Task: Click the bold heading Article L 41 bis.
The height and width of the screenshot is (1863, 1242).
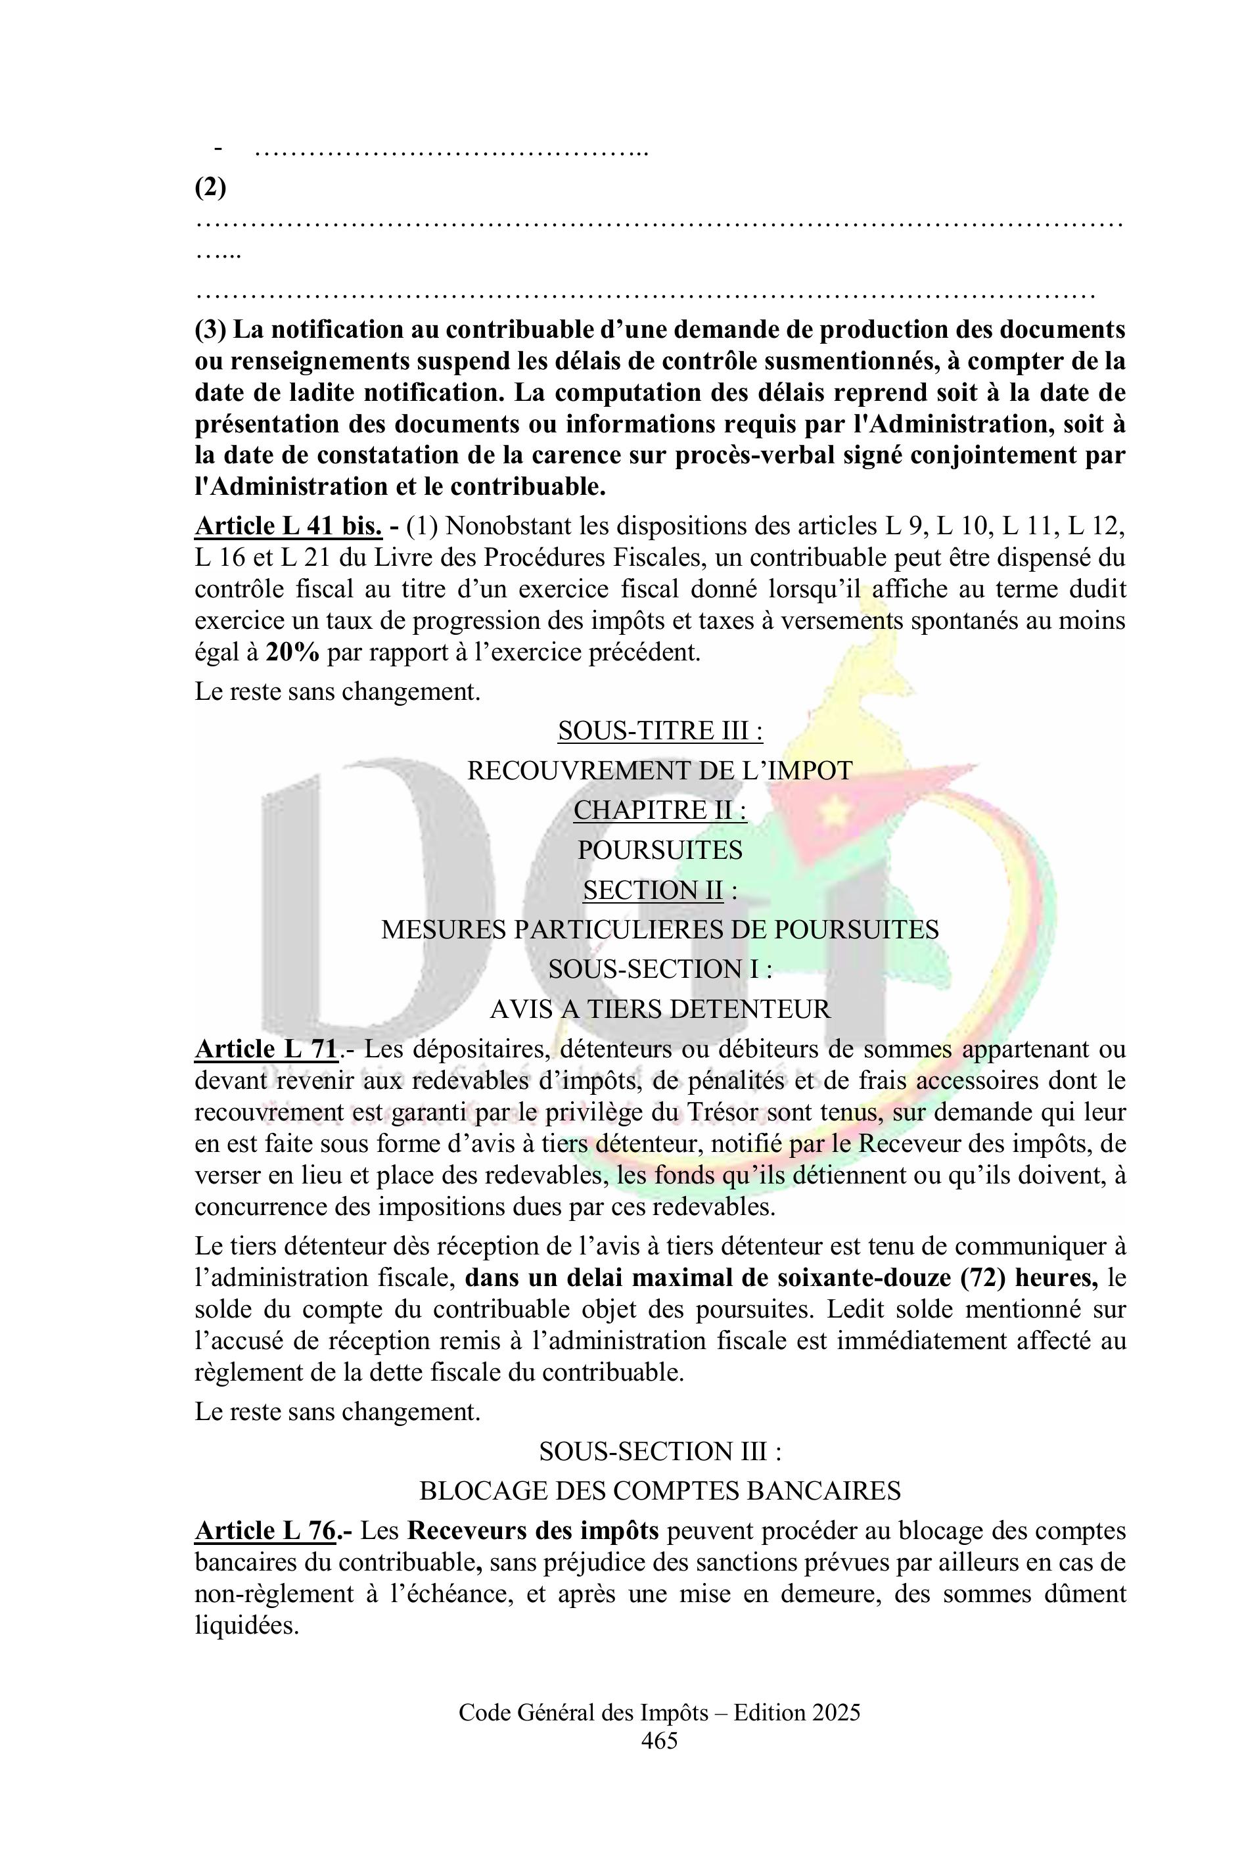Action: (x=288, y=526)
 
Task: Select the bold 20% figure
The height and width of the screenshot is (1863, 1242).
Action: (x=292, y=653)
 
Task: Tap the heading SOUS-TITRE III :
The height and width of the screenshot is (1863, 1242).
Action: (x=660, y=730)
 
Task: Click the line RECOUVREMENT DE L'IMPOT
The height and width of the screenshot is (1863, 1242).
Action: (x=660, y=770)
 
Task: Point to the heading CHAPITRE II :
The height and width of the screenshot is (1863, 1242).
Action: (x=660, y=810)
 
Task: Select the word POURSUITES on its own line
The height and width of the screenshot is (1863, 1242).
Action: (x=660, y=850)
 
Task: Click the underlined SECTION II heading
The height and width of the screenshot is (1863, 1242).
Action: (x=653, y=890)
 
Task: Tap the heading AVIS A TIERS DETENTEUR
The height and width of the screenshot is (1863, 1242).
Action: (x=660, y=1009)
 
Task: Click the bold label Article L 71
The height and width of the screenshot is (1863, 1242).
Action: (x=267, y=1049)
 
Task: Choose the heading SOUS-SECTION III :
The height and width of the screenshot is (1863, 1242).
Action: (x=660, y=1451)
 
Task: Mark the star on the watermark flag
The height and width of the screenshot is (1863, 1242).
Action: (x=833, y=810)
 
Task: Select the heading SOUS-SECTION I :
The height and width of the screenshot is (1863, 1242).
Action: (x=660, y=969)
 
